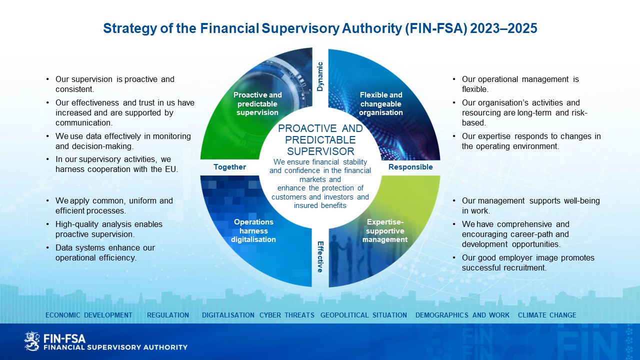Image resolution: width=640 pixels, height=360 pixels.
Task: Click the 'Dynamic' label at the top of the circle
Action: [x=320, y=76]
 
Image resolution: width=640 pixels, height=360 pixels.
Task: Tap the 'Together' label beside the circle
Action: [x=229, y=167]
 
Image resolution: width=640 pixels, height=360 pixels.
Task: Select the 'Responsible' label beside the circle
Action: [x=410, y=167]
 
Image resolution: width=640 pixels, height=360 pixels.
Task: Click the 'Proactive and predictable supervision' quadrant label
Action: [x=257, y=103]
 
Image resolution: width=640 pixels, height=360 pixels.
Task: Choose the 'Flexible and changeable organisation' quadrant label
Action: [x=381, y=103]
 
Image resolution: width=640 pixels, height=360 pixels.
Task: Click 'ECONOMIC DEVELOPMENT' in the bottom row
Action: [x=89, y=315]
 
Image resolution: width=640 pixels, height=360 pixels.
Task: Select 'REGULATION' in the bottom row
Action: [x=168, y=315]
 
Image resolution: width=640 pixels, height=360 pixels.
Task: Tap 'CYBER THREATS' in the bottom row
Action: [x=287, y=315]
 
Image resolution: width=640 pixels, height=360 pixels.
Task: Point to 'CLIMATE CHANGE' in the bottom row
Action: [x=547, y=315]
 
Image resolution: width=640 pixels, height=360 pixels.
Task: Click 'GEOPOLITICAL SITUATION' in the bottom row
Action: [x=363, y=315]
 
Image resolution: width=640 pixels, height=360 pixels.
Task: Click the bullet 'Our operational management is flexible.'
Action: [x=520, y=84]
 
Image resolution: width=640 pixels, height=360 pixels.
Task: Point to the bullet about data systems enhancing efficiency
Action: [x=105, y=252]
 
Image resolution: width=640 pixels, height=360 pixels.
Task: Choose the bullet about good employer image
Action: [x=528, y=262]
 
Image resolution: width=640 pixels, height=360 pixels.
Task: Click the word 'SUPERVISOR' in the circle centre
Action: [x=320, y=151]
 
